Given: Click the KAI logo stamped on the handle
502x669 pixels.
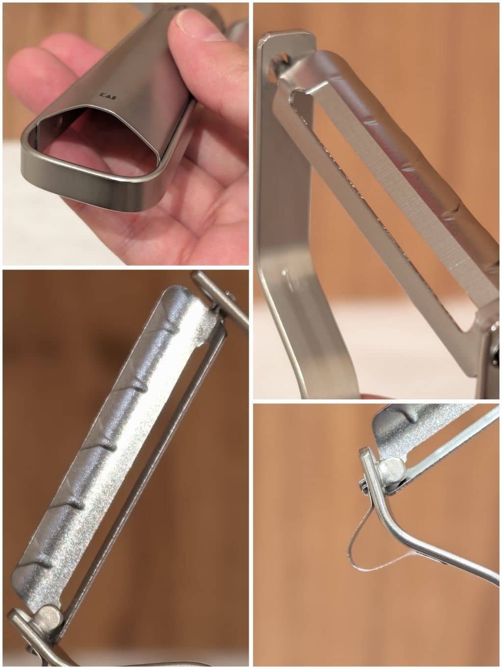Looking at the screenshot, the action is (108, 95).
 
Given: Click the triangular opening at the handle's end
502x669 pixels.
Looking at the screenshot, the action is (100, 140).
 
